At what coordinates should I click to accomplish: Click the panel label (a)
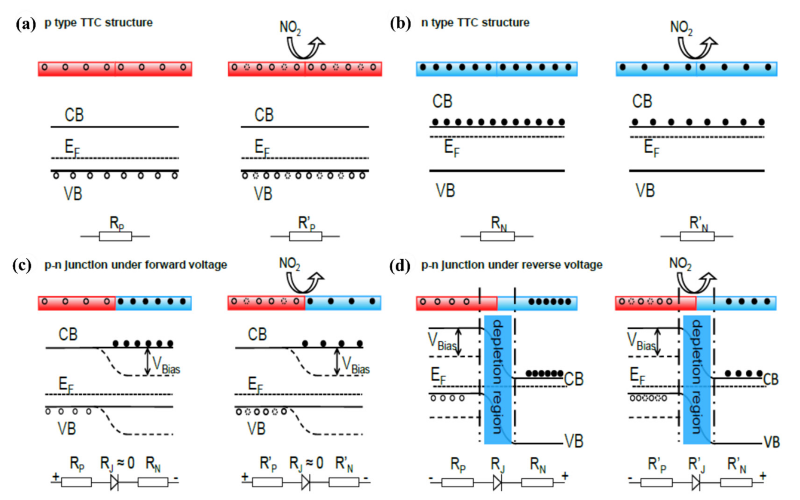(x=25, y=24)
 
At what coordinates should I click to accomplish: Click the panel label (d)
(x=400, y=265)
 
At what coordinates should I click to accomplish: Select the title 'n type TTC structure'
(x=475, y=23)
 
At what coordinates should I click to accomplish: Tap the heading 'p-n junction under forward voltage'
(x=136, y=265)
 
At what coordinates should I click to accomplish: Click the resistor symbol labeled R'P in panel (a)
(x=305, y=237)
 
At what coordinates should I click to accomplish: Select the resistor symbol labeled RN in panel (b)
(x=497, y=237)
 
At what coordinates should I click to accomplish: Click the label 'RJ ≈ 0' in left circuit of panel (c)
(x=118, y=463)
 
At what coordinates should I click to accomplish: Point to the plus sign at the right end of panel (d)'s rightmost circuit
(x=763, y=476)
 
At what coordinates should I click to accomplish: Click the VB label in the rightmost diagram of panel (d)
(x=772, y=442)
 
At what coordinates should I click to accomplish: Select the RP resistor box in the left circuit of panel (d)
(x=457, y=482)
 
